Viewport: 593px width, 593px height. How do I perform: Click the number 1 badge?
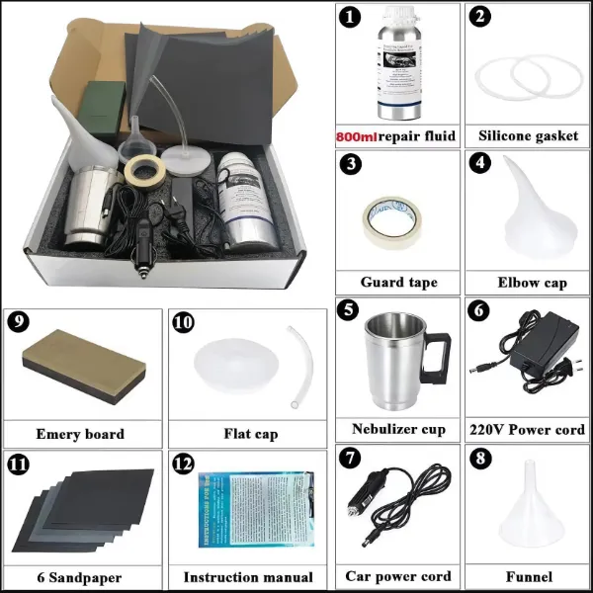coord(349,17)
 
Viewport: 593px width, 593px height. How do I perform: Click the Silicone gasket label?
coord(528,135)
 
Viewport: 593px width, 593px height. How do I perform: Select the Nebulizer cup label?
coord(398,429)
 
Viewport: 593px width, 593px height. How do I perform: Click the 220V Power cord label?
coord(528,429)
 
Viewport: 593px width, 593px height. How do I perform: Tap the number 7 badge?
coord(349,458)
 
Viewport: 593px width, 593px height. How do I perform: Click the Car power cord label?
coord(398,576)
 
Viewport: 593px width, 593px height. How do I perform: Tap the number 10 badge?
coord(182,322)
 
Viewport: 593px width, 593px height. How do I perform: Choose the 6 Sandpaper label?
coord(80,576)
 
